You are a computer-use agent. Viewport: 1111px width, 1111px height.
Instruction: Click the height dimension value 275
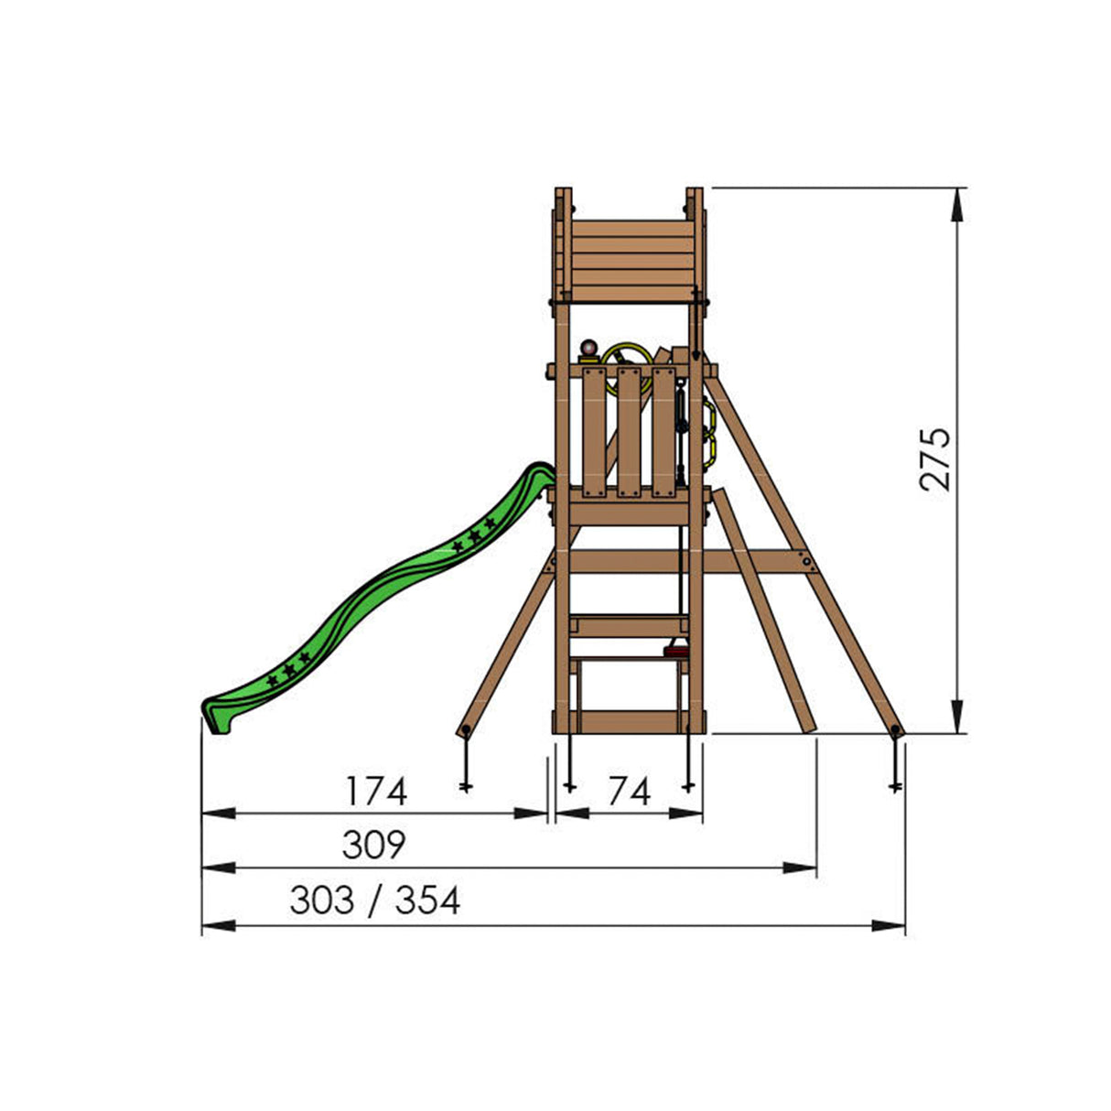(934, 459)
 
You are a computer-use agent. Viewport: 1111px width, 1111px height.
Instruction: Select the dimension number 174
(375, 791)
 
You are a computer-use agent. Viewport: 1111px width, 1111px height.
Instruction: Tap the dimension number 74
(629, 791)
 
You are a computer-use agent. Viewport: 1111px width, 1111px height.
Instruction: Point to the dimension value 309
(373, 846)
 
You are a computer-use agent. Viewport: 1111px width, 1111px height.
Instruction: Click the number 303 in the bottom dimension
(321, 901)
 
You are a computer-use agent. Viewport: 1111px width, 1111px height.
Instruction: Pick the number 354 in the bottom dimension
(427, 901)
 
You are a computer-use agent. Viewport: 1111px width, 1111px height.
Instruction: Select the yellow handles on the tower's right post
(708, 434)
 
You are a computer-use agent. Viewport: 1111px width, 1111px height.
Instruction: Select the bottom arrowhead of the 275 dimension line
(956, 717)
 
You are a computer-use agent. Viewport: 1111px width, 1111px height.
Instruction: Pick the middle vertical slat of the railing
(628, 432)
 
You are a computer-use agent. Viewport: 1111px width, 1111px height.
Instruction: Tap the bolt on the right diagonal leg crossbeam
(806, 562)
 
